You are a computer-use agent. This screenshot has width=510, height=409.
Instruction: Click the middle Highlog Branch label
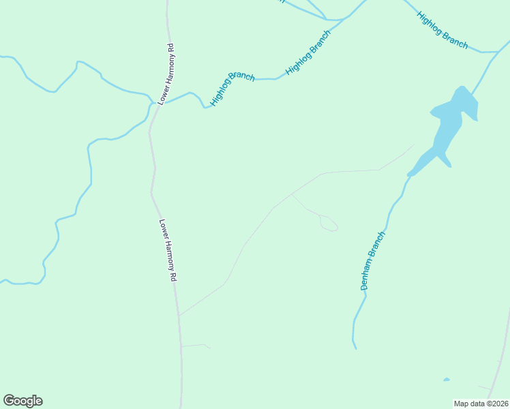point(308,52)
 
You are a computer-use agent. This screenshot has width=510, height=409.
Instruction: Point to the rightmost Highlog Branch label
point(443,31)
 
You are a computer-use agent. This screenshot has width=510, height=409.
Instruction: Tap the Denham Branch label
point(373,261)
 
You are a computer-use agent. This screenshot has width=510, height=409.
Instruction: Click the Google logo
point(22,401)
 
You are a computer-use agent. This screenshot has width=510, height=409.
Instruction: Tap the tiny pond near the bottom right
point(446,380)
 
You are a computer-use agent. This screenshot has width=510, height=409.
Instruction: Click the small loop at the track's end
point(329,223)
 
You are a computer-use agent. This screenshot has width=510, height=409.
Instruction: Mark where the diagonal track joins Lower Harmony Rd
point(179,316)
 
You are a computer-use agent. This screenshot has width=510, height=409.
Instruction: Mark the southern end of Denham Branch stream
point(355,348)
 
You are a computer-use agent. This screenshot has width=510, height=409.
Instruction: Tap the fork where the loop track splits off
point(292,194)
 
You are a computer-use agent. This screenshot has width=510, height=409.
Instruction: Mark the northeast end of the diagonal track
point(413,145)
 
